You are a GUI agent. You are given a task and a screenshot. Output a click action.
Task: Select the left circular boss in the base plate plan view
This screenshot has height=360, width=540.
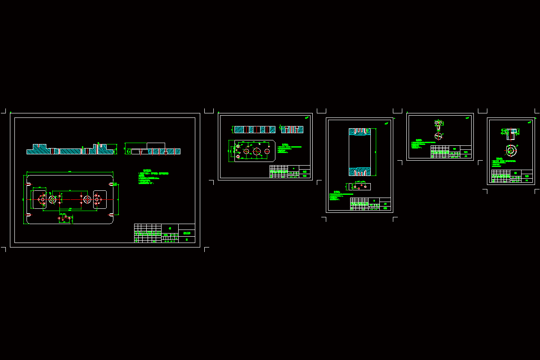(53, 199)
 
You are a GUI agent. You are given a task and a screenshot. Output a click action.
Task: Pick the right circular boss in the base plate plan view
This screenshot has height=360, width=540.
(87, 199)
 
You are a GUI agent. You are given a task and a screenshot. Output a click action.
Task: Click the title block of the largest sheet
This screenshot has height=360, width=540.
(164, 233)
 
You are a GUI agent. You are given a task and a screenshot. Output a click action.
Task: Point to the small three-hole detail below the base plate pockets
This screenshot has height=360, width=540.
(65, 218)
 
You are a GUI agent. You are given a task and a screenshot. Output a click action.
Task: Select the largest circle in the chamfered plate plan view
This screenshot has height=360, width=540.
(257, 152)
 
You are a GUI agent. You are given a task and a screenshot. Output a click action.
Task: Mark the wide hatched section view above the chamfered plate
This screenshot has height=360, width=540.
(254, 130)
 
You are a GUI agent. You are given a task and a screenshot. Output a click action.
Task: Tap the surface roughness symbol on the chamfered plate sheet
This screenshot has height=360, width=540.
(307, 118)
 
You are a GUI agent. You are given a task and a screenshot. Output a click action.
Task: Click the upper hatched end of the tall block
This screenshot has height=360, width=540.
(360, 132)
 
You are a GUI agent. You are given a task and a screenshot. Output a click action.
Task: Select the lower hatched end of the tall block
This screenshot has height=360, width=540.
(360, 171)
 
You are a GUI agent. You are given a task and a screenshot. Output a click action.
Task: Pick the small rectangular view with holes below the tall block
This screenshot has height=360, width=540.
(360, 186)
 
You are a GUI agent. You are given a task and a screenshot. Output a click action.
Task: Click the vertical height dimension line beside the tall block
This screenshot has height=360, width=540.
(375, 152)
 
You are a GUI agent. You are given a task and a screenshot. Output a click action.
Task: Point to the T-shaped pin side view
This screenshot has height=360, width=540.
(439, 124)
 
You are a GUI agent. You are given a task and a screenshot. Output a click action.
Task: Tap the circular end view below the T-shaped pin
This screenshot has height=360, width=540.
(438, 136)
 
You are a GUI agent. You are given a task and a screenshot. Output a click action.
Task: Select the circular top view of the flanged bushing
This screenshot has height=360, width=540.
(511, 150)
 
